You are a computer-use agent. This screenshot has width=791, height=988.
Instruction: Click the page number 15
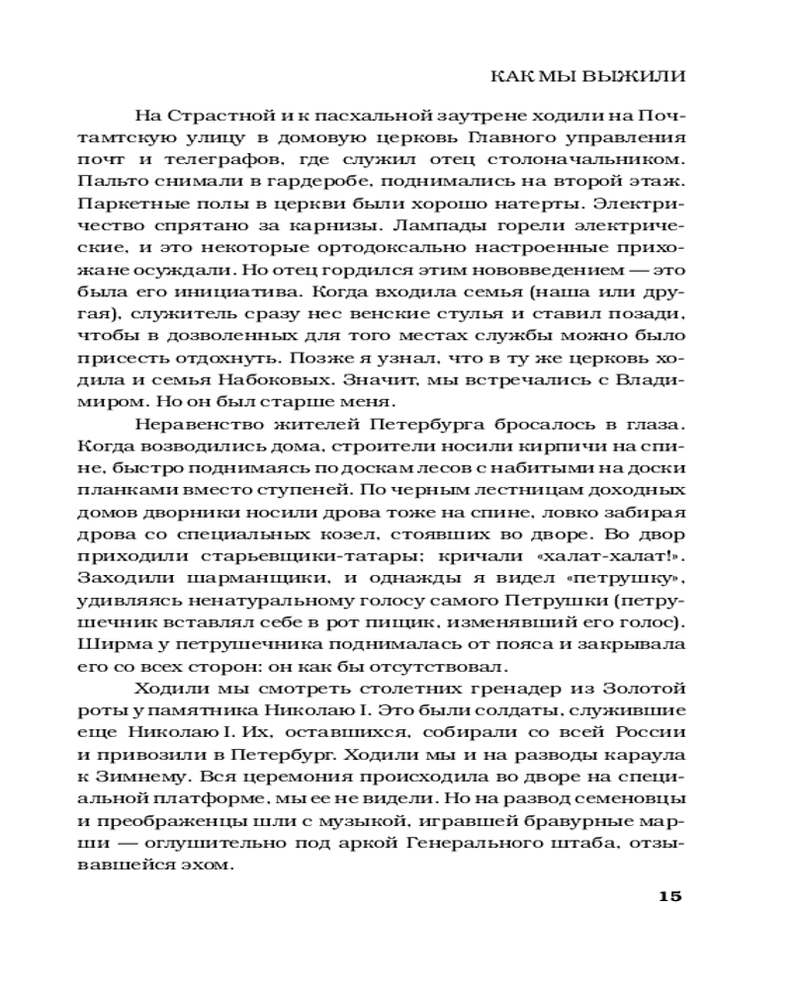coord(669,897)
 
